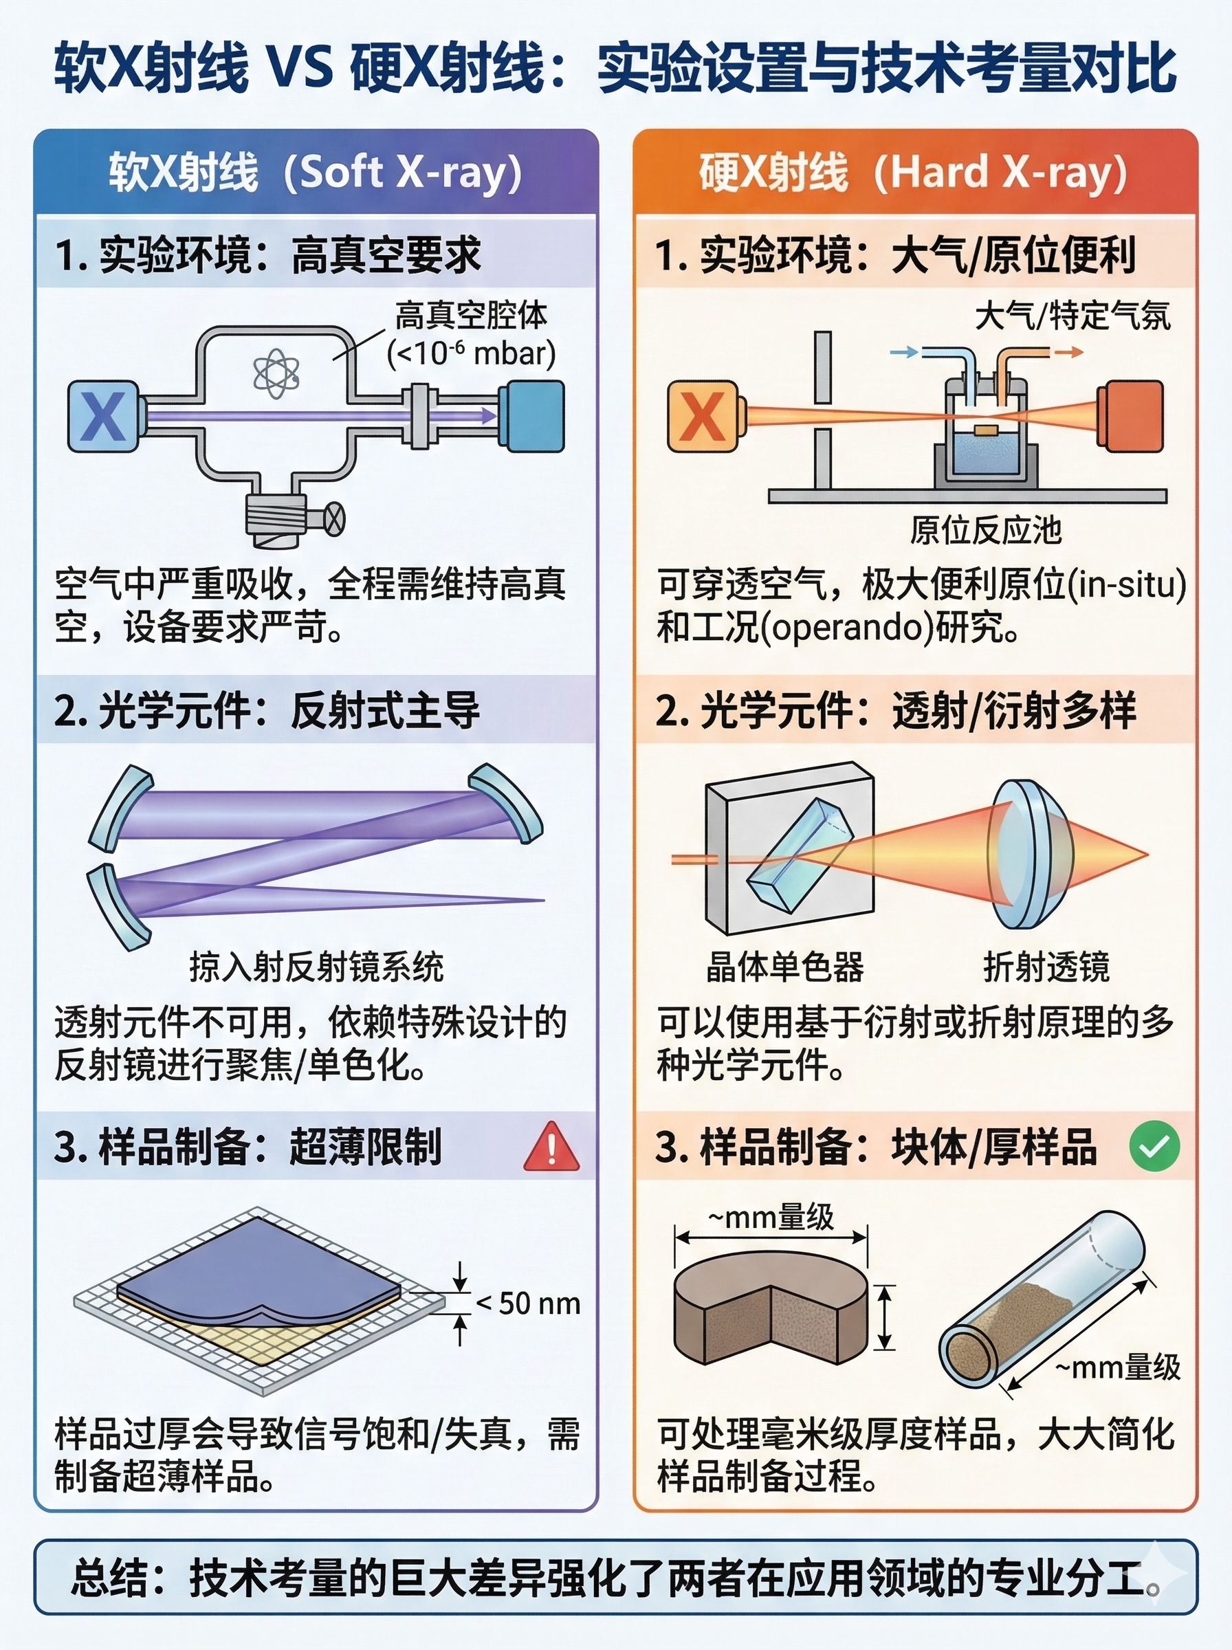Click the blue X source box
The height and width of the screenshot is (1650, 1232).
tap(104, 416)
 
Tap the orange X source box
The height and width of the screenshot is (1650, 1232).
tap(703, 416)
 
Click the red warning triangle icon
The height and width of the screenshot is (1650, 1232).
tap(551, 1146)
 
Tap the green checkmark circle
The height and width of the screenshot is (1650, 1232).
tap(1154, 1146)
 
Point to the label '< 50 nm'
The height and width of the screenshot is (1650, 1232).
tap(528, 1303)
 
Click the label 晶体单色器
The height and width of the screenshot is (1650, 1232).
tap(785, 967)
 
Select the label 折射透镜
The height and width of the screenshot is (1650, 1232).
tap(1046, 967)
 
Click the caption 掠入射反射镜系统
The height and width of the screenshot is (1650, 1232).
tap(316, 967)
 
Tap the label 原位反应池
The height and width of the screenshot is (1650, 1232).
tap(985, 530)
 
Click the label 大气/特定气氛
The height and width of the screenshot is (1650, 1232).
tap(1072, 316)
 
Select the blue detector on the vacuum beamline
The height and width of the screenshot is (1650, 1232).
tap(531, 416)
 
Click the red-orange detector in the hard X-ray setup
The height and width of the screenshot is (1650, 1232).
tap(1130, 416)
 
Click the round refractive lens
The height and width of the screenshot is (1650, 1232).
tap(1030, 855)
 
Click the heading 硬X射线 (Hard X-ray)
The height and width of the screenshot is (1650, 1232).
tap(913, 173)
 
